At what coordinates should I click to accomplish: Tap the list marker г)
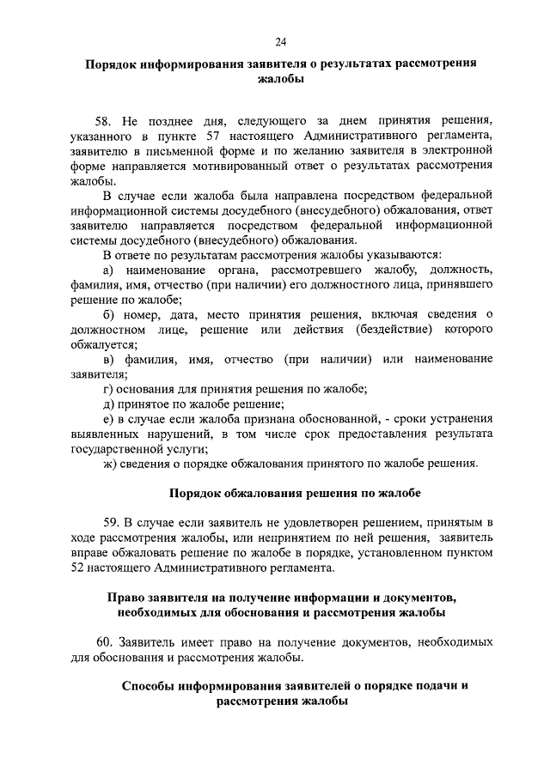click(107, 389)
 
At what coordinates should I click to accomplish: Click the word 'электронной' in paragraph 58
click(461, 150)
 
